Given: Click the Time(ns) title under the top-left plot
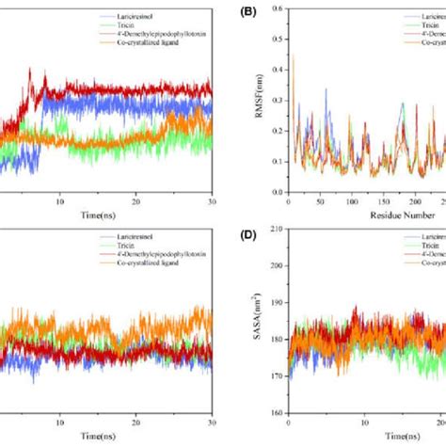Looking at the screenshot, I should (98, 215).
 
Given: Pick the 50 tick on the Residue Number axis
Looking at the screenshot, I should (321, 201).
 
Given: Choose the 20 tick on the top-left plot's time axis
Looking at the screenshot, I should (136, 201).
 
